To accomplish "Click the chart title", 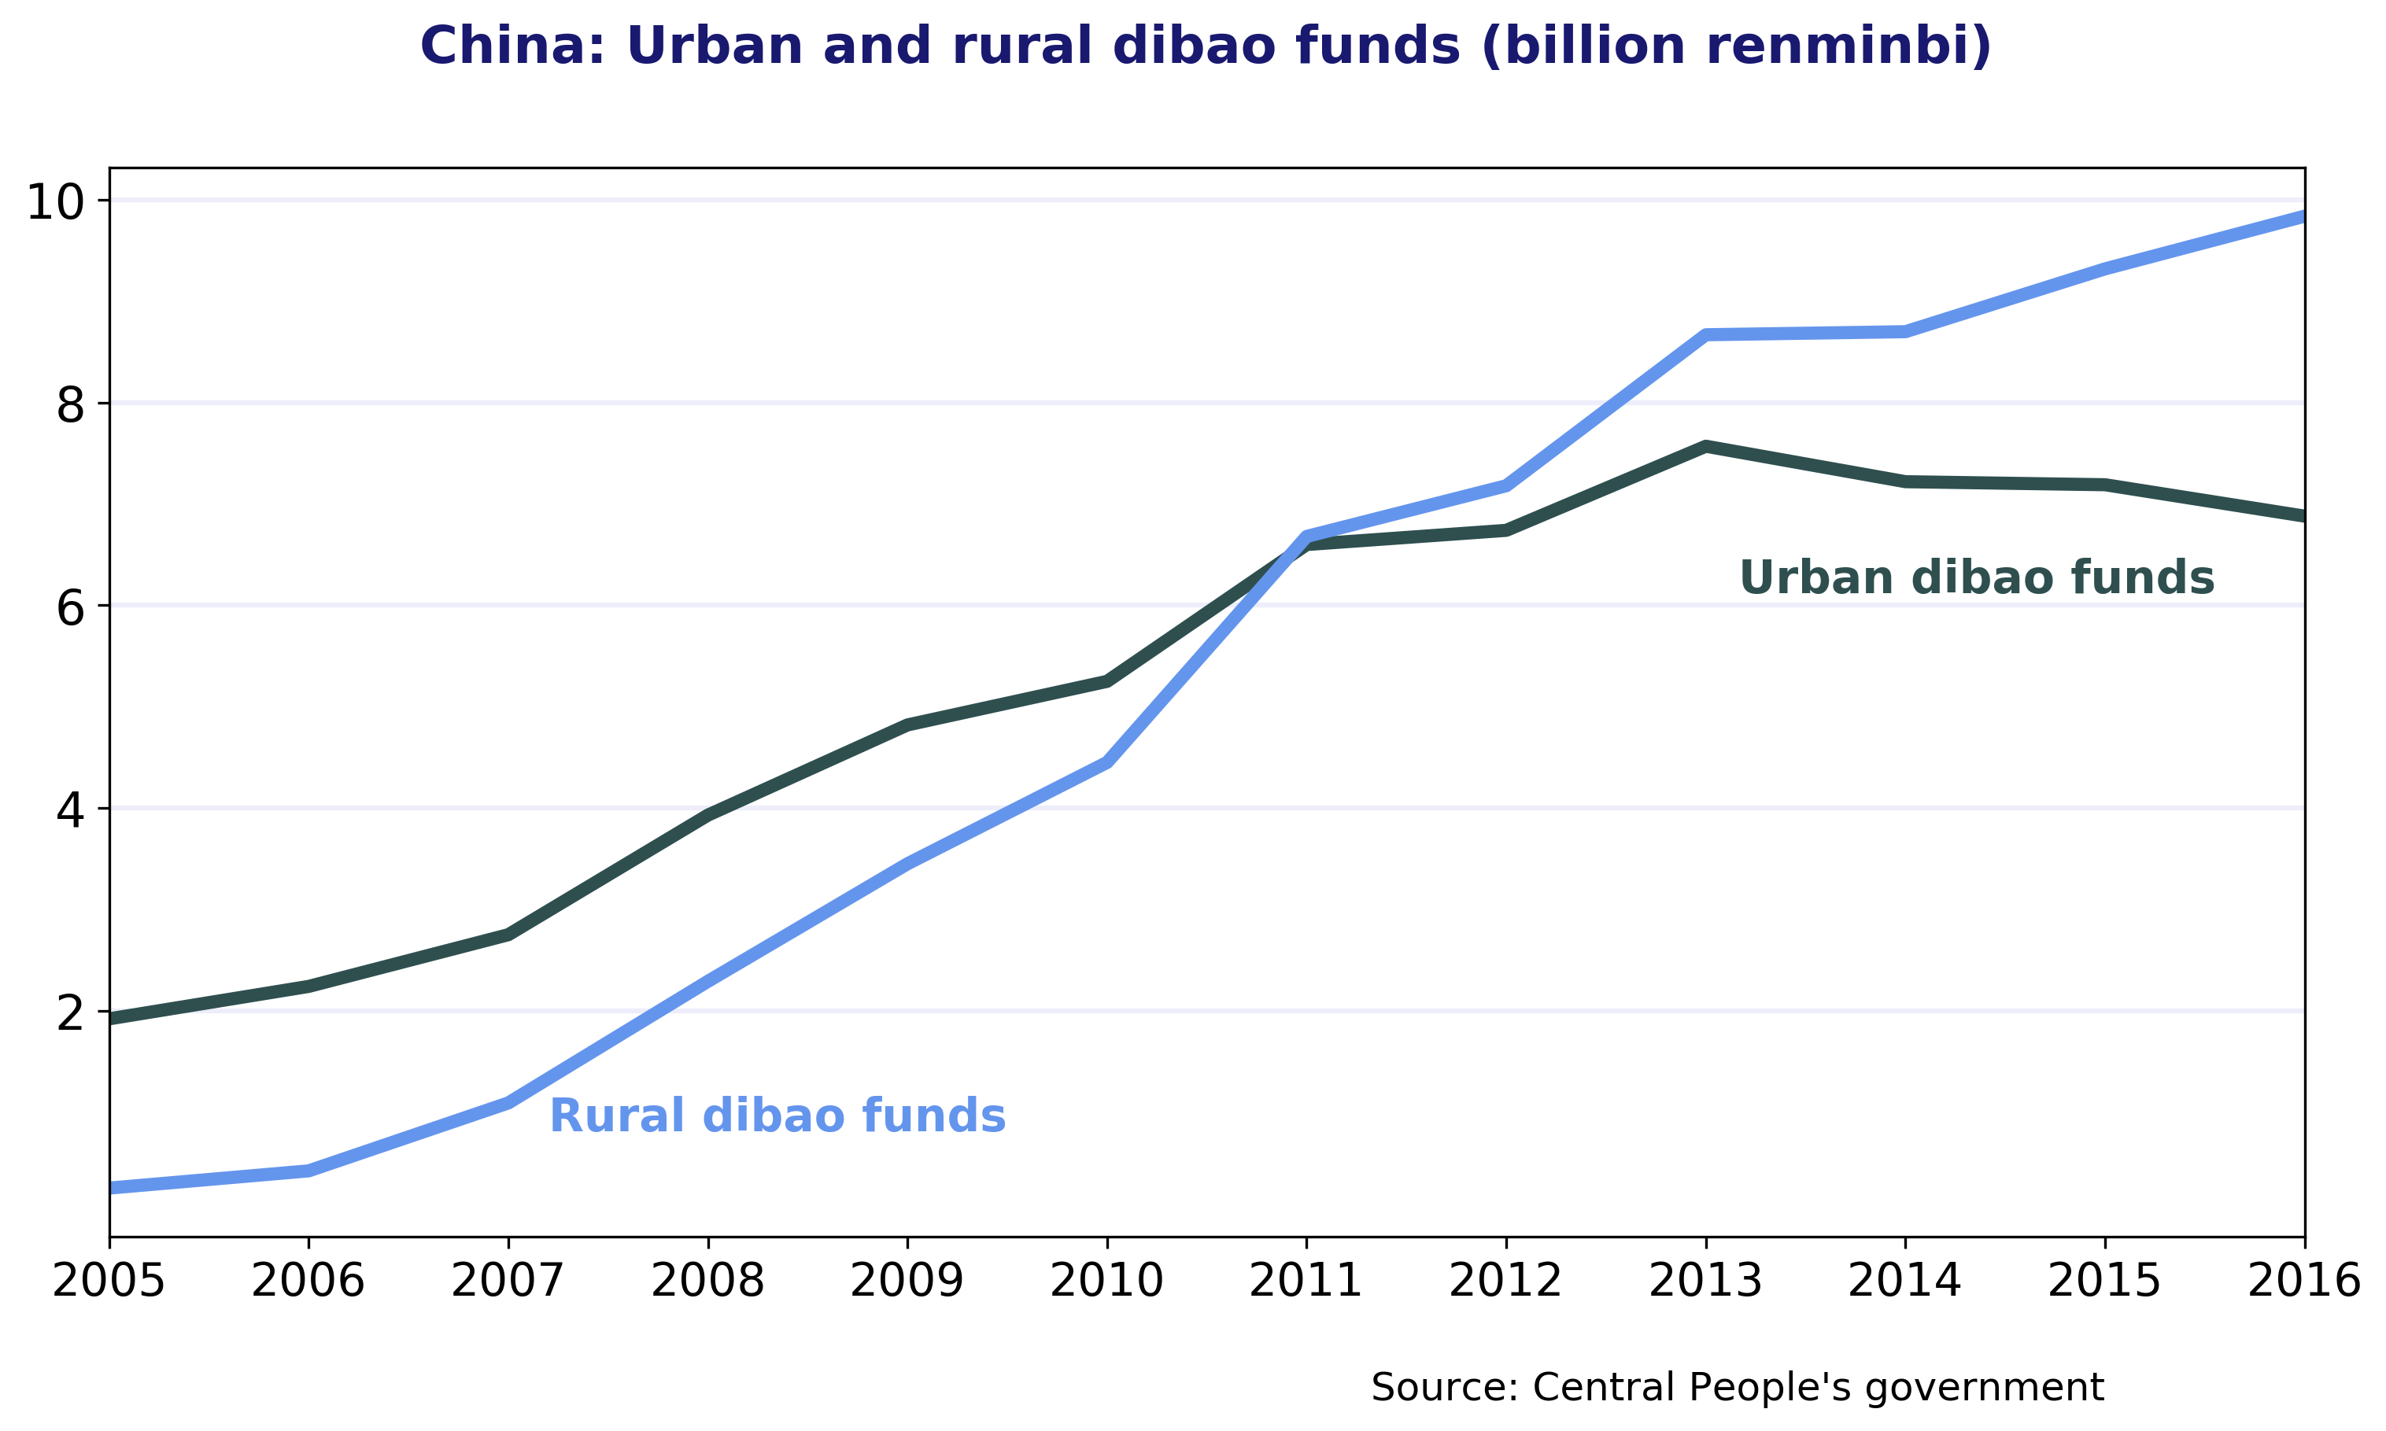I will click(1206, 46).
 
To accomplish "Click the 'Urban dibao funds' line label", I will click(1976, 578).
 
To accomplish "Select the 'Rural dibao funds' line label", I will click(777, 1116).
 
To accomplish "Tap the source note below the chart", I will click(1737, 1388).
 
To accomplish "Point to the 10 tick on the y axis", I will click(55, 202).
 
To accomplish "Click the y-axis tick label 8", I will click(70, 405).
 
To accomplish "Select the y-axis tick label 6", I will click(70, 607).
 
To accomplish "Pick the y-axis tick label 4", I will click(70, 810).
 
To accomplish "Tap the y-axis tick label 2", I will click(70, 1012).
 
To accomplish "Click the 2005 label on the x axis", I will click(109, 1282).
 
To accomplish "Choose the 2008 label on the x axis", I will click(708, 1282).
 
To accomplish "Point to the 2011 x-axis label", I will click(1306, 1282).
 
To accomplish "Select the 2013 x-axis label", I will click(1705, 1282).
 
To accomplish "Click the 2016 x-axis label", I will click(2304, 1282).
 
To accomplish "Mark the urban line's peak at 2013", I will click(1705, 447).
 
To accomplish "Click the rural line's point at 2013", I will click(1705, 334).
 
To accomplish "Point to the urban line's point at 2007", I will click(508, 935).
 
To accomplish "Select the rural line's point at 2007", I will click(508, 1102).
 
